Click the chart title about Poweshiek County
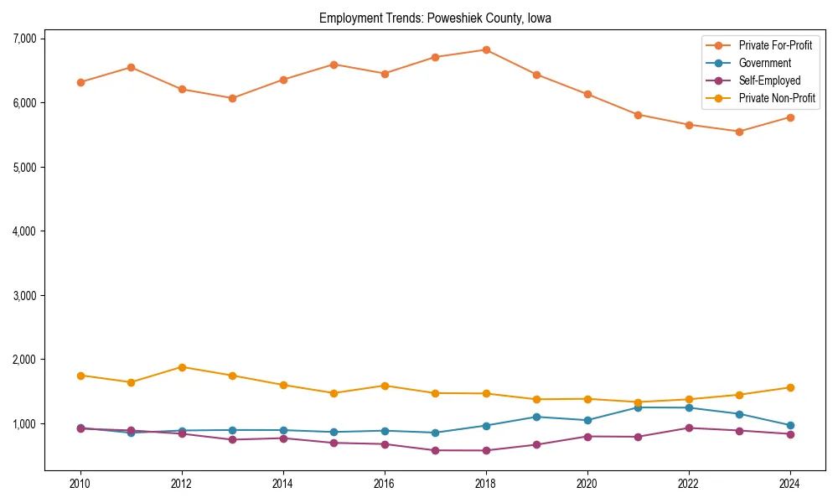pyautogui.click(x=435, y=18)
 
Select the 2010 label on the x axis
pyautogui.click(x=80, y=484)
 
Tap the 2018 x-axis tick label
pyautogui.click(x=486, y=484)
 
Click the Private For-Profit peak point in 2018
pyautogui.click(x=486, y=49)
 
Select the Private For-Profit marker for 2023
pyautogui.click(x=739, y=132)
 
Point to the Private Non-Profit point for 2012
pyautogui.click(x=182, y=367)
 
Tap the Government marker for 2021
pyautogui.click(x=638, y=407)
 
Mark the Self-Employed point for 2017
pyautogui.click(x=435, y=450)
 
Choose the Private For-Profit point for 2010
pyautogui.click(x=80, y=82)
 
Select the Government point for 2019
pyautogui.click(x=536, y=417)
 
